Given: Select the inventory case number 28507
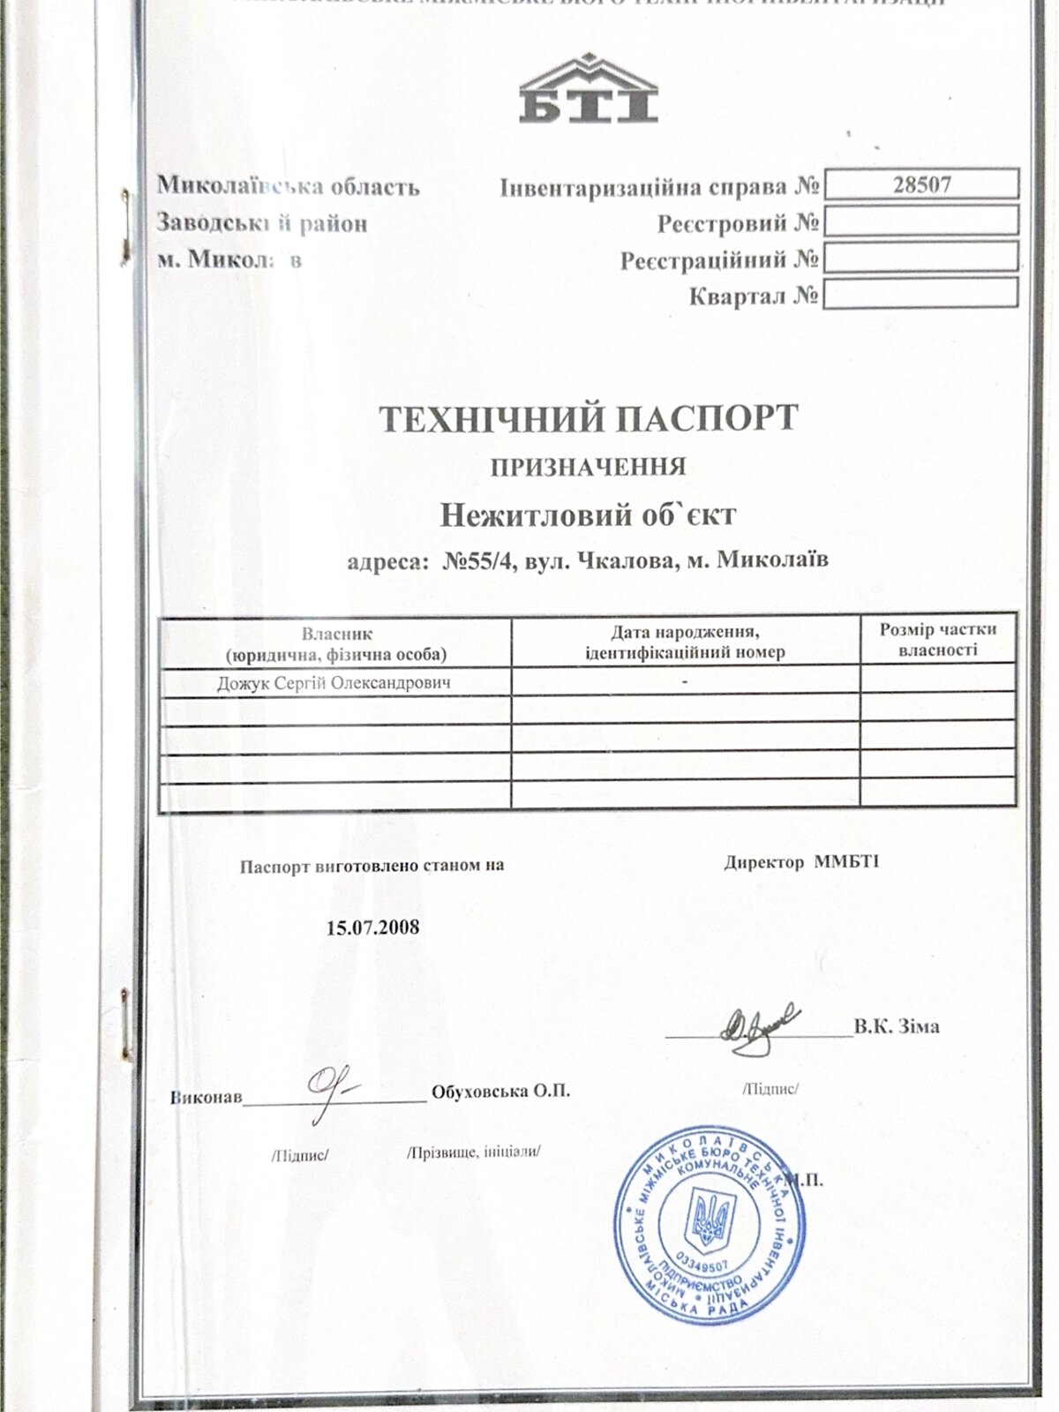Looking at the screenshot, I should tap(921, 184).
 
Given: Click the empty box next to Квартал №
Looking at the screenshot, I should tap(920, 294).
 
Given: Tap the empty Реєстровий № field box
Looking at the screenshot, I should tap(920, 221).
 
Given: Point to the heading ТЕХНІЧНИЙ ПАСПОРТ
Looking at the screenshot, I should tap(589, 418).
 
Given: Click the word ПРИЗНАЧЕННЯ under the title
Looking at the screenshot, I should tap(589, 467).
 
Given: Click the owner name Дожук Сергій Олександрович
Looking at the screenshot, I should tap(334, 683).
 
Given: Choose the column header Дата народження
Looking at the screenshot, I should tap(685, 633).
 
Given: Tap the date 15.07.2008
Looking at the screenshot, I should tap(372, 928).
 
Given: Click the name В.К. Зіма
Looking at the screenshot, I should tap(897, 1026).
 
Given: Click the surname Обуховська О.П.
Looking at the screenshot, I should tap(500, 1092).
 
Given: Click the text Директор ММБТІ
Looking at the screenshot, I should tap(801, 863).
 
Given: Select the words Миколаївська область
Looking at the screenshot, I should tap(289, 187).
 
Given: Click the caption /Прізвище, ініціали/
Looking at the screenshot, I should tap(473, 1153).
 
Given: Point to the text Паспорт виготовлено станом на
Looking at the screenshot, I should tap(372, 866).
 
